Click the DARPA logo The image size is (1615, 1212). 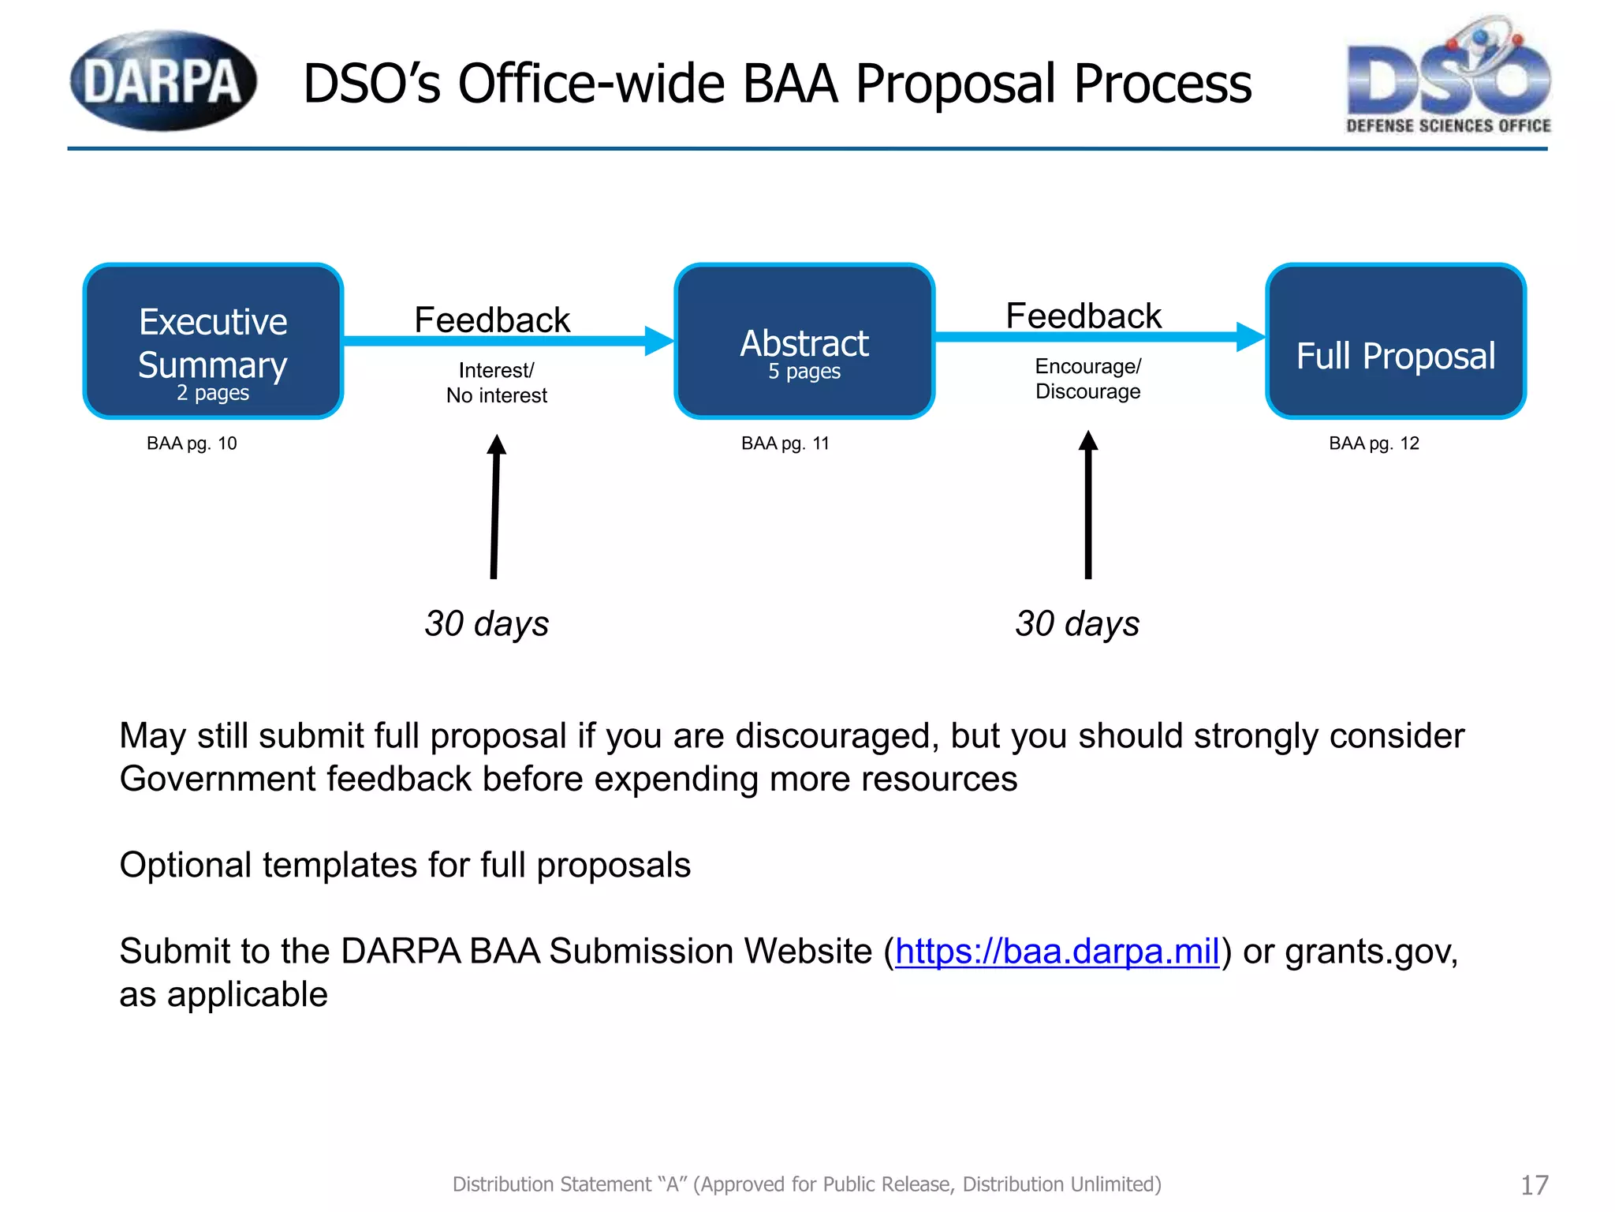pyautogui.click(x=163, y=80)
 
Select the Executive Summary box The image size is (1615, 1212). pyautogui.click(x=213, y=341)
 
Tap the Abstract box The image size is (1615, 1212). pyautogui.click(x=804, y=341)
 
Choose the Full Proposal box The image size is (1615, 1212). pyautogui.click(x=1396, y=341)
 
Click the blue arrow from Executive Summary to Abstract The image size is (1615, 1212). pyautogui.click(x=505, y=341)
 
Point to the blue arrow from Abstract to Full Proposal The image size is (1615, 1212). pyautogui.click(x=1096, y=337)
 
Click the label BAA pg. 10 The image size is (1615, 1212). pyautogui.click(x=192, y=443)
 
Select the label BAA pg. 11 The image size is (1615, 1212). pyautogui.click(x=785, y=443)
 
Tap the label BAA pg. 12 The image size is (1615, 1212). pyautogui.click(x=1374, y=443)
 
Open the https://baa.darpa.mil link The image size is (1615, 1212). pyautogui.click(x=1057, y=952)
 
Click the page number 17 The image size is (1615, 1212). pyautogui.click(x=1534, y=1185)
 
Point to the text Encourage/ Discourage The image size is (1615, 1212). pyautogui.click(x=1088, y=379)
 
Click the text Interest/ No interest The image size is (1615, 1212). pyautogui.click(x=496, y=383)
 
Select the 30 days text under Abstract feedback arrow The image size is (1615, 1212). pyautogui.click(x=1077, y=623)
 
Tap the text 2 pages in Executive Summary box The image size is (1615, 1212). pyautogui.click(x=213, y=393)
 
